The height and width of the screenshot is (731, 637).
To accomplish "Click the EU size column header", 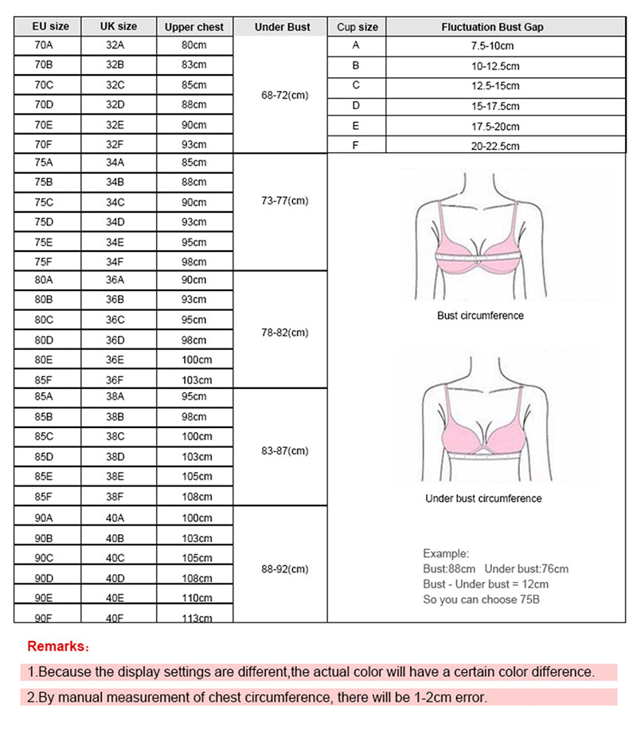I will coord(50,26).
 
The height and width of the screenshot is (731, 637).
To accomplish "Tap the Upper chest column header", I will coord(194,27).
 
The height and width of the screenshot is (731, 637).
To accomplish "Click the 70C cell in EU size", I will coord(44,84).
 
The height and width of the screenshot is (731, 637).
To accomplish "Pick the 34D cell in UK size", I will coord(115,222).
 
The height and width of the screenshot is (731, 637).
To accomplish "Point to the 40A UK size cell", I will coord(115,518).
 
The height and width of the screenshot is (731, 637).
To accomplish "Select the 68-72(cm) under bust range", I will coord(284,95).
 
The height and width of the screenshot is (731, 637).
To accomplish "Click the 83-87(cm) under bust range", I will coord(284,450).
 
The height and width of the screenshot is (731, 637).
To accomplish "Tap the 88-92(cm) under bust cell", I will coord(284,569).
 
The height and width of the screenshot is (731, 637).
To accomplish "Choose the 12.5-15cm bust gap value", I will coord(494,86).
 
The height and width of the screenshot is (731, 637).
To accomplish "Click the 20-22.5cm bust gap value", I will coord(494,146).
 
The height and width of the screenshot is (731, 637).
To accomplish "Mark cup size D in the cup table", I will coord(356,105).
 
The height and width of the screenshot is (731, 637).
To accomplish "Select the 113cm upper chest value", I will coord(197,618).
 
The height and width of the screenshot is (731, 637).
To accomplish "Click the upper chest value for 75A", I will coord(193,163).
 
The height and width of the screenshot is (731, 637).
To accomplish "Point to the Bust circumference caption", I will coord(480,316).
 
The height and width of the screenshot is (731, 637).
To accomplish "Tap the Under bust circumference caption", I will coord(483,499).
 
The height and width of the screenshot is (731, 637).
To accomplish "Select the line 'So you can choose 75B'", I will coord(481,599).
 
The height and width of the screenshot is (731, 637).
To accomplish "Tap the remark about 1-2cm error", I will coord(256,698).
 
